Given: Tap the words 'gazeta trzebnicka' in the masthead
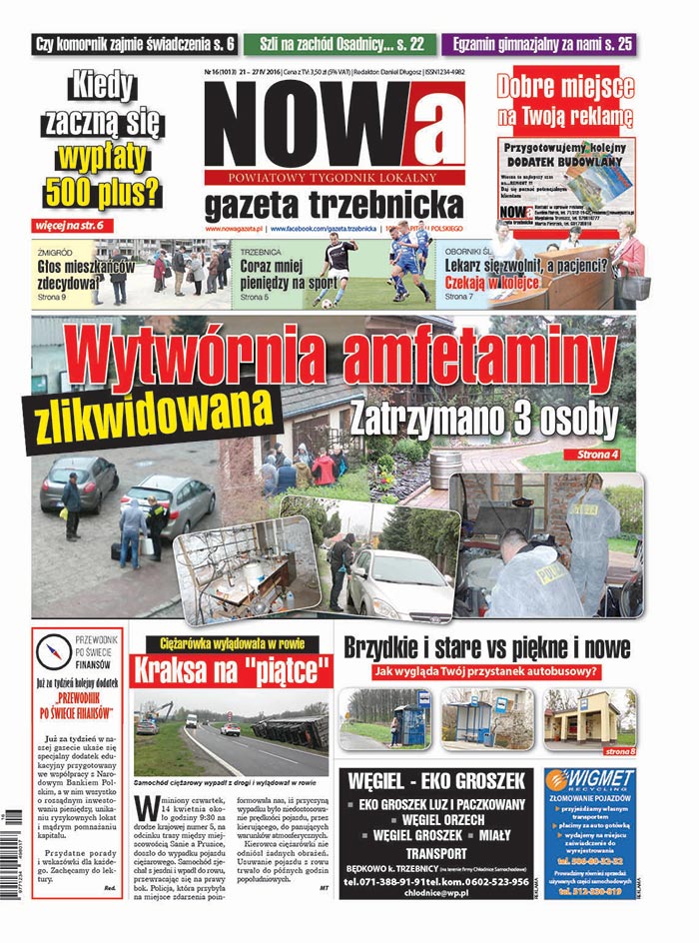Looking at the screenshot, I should (334, 205).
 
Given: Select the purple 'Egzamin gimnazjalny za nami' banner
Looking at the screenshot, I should (542, 44).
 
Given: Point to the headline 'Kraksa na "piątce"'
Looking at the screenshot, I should (233, 667).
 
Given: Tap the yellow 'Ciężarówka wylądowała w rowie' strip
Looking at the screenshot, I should (233, 643).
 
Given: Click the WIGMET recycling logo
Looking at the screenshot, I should (589, 779).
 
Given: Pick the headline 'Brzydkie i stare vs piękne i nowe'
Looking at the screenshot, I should (485, 647).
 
